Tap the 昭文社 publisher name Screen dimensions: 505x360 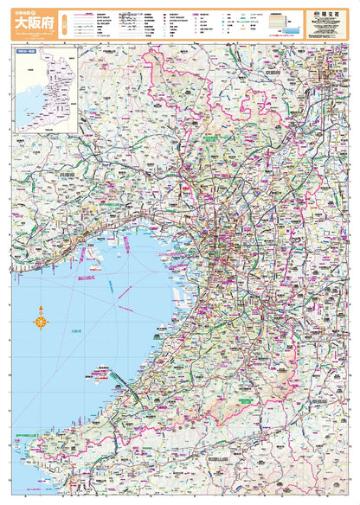[329, 15]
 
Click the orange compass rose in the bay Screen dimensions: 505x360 [41, 323]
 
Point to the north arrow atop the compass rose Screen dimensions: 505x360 [41, 310]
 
